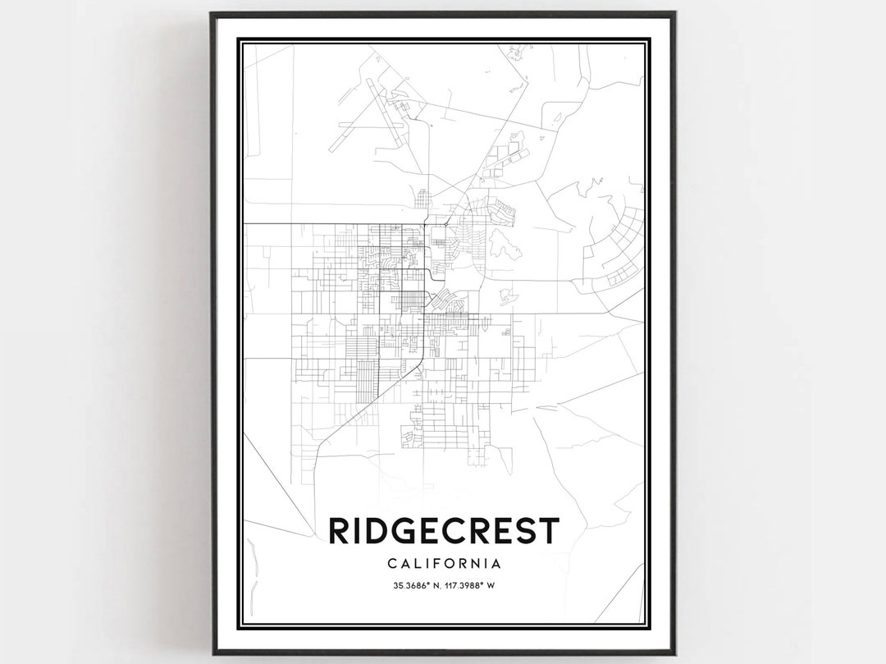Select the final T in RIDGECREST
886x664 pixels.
[548, 531]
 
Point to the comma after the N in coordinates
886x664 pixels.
[439, 587]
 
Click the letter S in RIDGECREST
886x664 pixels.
[523, 531]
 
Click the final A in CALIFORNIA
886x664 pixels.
[496, 564]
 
